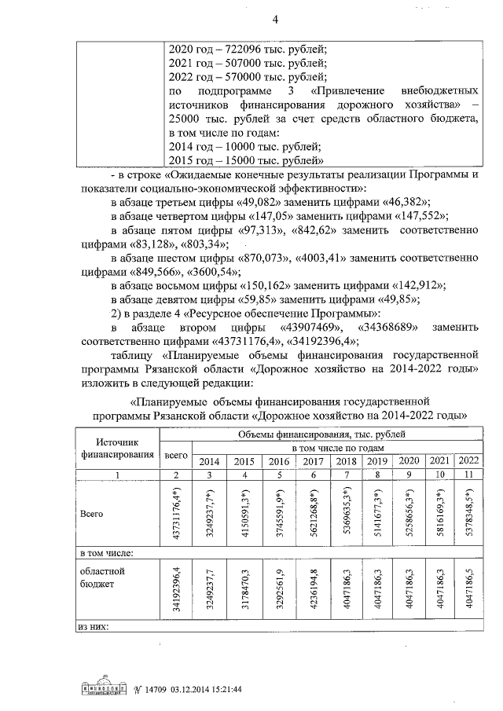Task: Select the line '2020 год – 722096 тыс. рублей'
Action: pyautogui.click(x=248, y=49)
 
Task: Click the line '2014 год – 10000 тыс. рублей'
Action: pyautogui.click(x=244, y=147)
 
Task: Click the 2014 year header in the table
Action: pyautogui.click(x=209, y=461)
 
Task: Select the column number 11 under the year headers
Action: pyautogui.click(x=468, y=475)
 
